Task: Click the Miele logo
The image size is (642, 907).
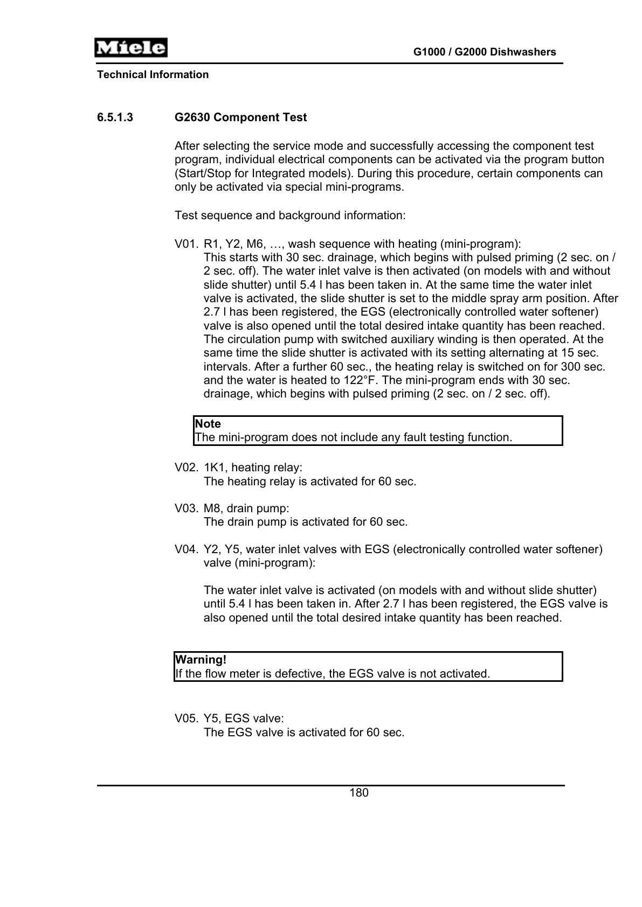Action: point(130,48)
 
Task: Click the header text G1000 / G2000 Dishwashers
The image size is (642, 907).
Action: point(484,52)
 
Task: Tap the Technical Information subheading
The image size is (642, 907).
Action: point(153,75)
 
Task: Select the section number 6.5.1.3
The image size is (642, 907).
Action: point(115,117)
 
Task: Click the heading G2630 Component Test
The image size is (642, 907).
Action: point(240,117)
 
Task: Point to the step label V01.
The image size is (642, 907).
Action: point(187,244)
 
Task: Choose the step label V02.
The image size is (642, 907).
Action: point(187,468)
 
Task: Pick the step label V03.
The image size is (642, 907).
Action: point(187,508)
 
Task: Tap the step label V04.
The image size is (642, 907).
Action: point(187,549)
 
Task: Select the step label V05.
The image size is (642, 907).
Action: point(187,718)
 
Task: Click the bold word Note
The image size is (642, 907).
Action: point(208,424)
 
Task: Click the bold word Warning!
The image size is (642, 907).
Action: point(201,660)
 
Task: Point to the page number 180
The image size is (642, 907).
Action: point(359,793)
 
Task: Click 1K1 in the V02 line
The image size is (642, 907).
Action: point(214,468)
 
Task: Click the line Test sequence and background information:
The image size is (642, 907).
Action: point(290,215)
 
